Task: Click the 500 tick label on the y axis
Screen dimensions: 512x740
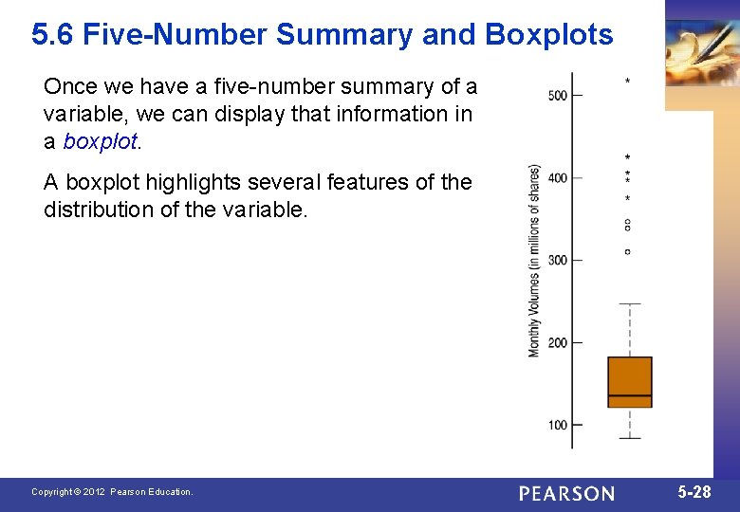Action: (557, 95)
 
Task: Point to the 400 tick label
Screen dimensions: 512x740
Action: (557, 177)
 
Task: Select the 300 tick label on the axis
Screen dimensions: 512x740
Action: (557, 260)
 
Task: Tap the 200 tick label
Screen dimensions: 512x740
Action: (557, 342)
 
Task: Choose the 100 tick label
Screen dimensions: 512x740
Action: (557, 425)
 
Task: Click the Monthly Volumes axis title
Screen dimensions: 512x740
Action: (534, 261)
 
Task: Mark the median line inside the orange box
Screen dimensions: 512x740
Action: (630, 394)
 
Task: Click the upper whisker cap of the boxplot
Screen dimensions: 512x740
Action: (630, 304)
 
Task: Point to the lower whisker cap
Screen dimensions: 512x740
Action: (630, 438)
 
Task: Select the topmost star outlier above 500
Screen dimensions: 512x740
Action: (627, 82)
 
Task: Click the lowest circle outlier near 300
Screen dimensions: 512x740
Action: (627, 251)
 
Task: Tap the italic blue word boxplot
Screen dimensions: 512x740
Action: (100, 141)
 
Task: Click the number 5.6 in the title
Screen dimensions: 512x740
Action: (53, 35)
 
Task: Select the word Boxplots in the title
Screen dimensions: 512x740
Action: (548, 35)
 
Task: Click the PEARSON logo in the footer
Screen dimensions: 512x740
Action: (566, 493)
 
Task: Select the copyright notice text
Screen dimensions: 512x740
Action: (112, 492)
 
